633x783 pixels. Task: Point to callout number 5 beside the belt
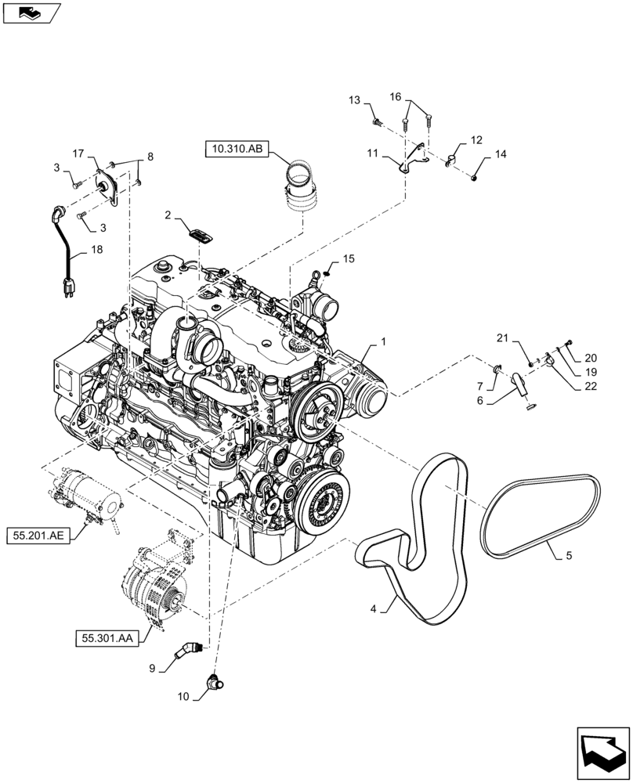coord(568,557)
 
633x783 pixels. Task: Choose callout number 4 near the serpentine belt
coord(374,607)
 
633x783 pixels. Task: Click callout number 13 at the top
coord(355,100)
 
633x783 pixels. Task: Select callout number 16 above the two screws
coord(396,96)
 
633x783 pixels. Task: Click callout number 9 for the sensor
coord(153,668)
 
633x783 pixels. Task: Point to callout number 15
coord(349,258)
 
